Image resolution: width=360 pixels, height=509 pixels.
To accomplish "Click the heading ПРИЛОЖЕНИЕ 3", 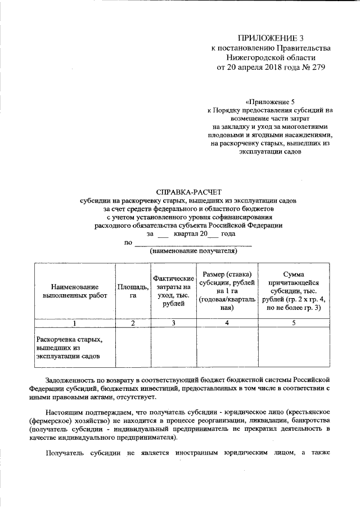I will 271,38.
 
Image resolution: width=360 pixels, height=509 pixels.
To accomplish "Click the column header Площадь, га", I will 133,290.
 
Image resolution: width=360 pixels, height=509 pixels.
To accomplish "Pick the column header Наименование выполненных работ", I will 70,290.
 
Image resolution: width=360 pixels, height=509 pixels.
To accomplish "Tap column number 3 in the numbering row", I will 173,323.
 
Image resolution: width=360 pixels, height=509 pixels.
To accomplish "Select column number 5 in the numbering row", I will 293,323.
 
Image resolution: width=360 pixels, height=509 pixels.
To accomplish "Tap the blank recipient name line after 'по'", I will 192,243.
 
